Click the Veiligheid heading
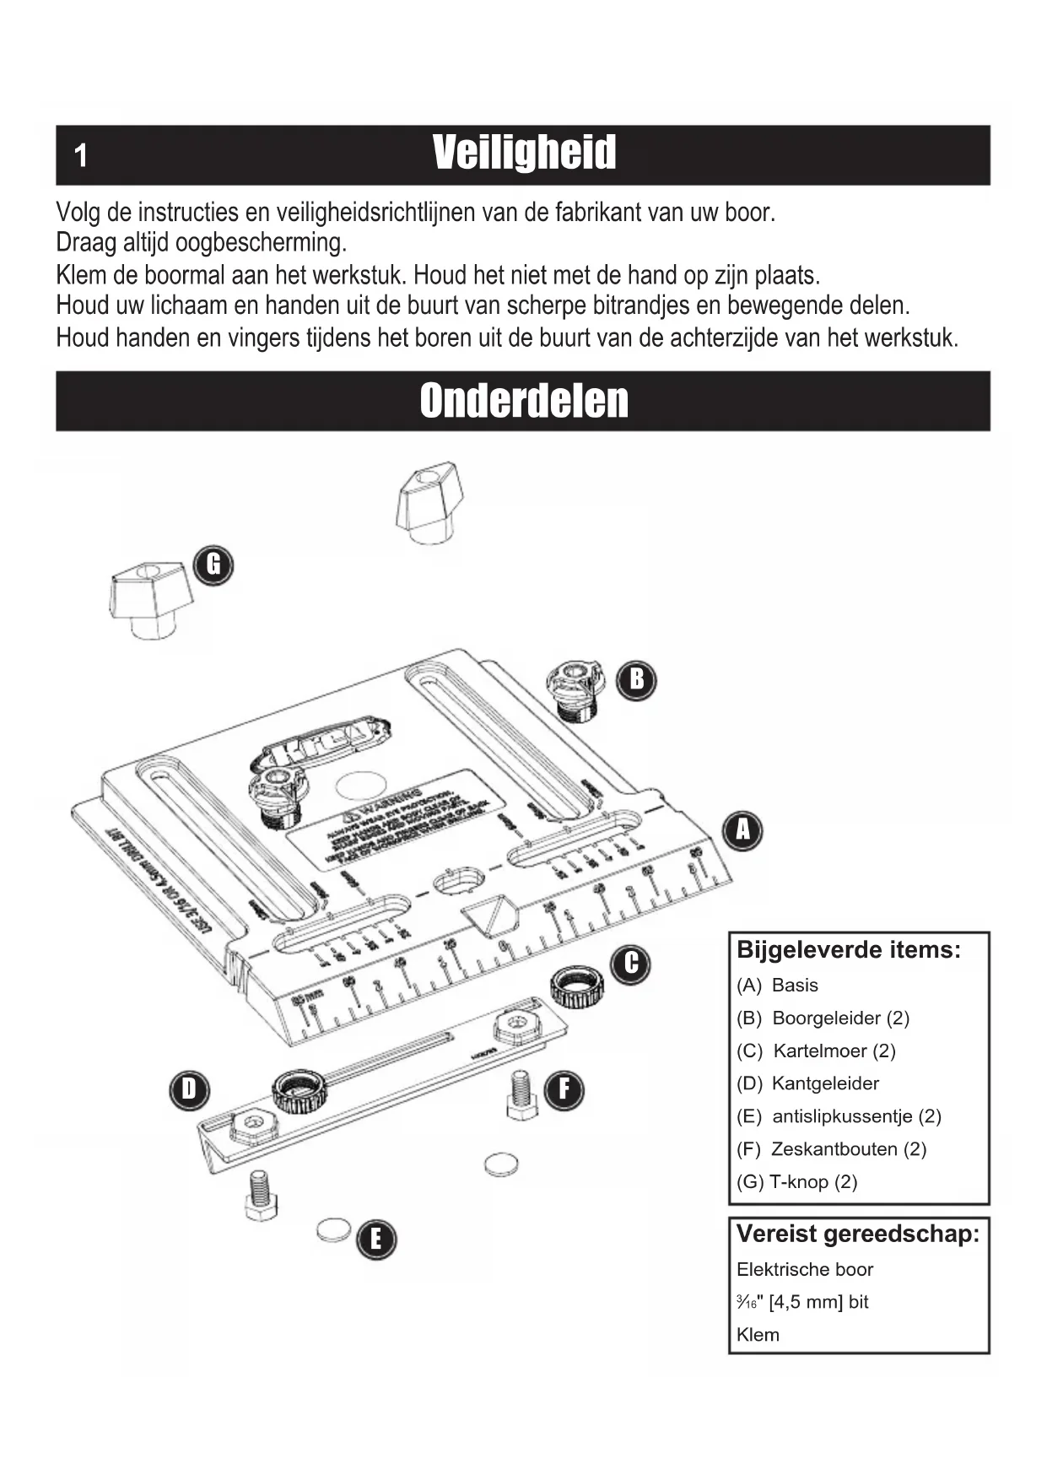pos(524,154)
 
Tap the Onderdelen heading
pos(524,401)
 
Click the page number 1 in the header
pos(81,156)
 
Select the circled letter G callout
pos(213,564)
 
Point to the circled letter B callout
pos(637,679)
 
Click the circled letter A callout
pos(742,830)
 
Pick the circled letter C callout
pos(631,964)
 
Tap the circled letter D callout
pos(189,1089)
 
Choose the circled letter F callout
pos(564,1089)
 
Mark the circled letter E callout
pos(375,1240)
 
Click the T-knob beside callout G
pos(150,600)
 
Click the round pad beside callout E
pos(334,1230)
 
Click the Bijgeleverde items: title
pos(849,950)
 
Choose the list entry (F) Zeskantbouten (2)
pos(831,1149)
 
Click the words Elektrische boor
pos(804,1269)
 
